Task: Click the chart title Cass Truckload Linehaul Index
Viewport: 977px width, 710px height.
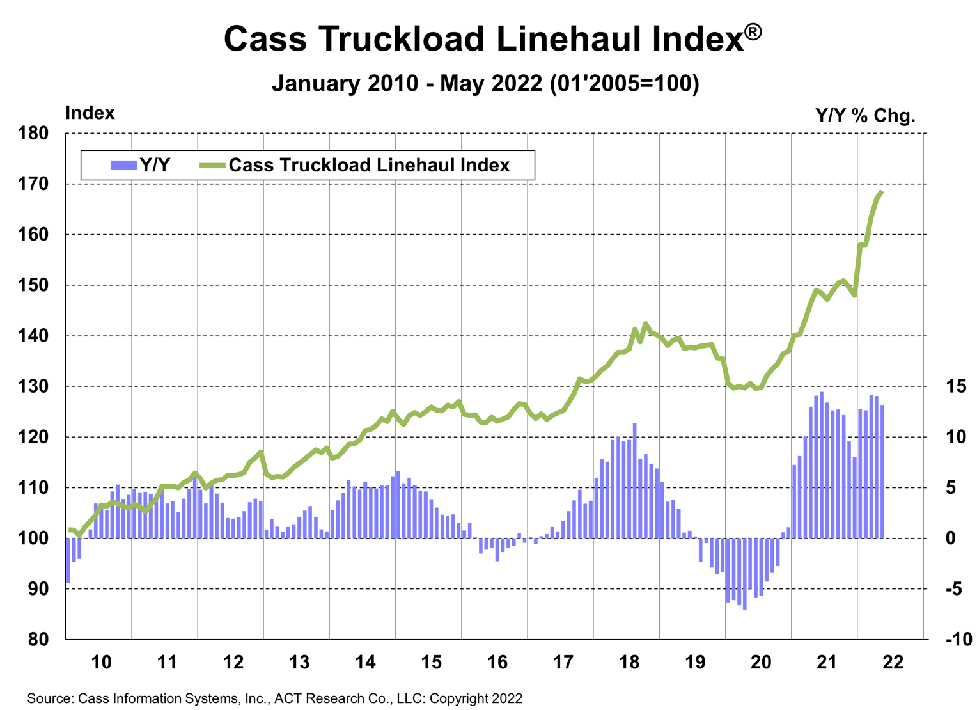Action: (x=492, y=40)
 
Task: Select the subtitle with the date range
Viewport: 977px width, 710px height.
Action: (x=486, y=84)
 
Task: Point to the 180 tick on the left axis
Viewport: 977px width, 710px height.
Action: (x=33, y=134)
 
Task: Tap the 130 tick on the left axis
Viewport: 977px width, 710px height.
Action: (x=33, y=386)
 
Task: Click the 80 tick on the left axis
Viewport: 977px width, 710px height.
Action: (x=37, y=639)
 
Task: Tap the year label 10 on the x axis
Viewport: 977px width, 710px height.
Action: (x=101, y=662)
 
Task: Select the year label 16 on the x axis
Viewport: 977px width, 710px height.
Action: (x=497, y=662)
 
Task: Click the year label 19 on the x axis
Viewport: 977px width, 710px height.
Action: (x=695, y=662)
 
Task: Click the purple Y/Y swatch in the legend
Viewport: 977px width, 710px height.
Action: (x=123, y=165)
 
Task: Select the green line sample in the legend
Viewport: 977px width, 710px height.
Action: (x=212, y=165)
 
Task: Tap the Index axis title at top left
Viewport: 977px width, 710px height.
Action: (x=90, y=113)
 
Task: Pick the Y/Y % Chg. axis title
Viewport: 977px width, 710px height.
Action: (x=866, y=116)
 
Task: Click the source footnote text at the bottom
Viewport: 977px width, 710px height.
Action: (x=274, y=698)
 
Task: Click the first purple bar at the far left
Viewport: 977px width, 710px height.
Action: (x=68, y=560)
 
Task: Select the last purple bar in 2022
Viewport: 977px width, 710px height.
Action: (x=882, y=471)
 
